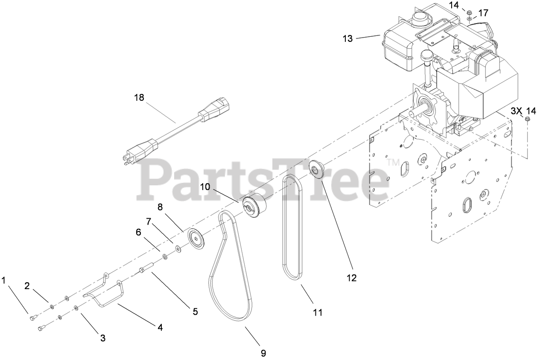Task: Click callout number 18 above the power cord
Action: (139, 98)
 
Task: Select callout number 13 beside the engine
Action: (347, 38)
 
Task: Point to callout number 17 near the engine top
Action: (483, 13)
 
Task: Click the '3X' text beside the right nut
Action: (516, 111)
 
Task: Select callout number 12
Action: (351, 278)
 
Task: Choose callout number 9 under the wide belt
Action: (263, 353)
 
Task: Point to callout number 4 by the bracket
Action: (160, 328)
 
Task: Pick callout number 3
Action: (102, 338)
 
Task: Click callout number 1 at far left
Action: (4, 281)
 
